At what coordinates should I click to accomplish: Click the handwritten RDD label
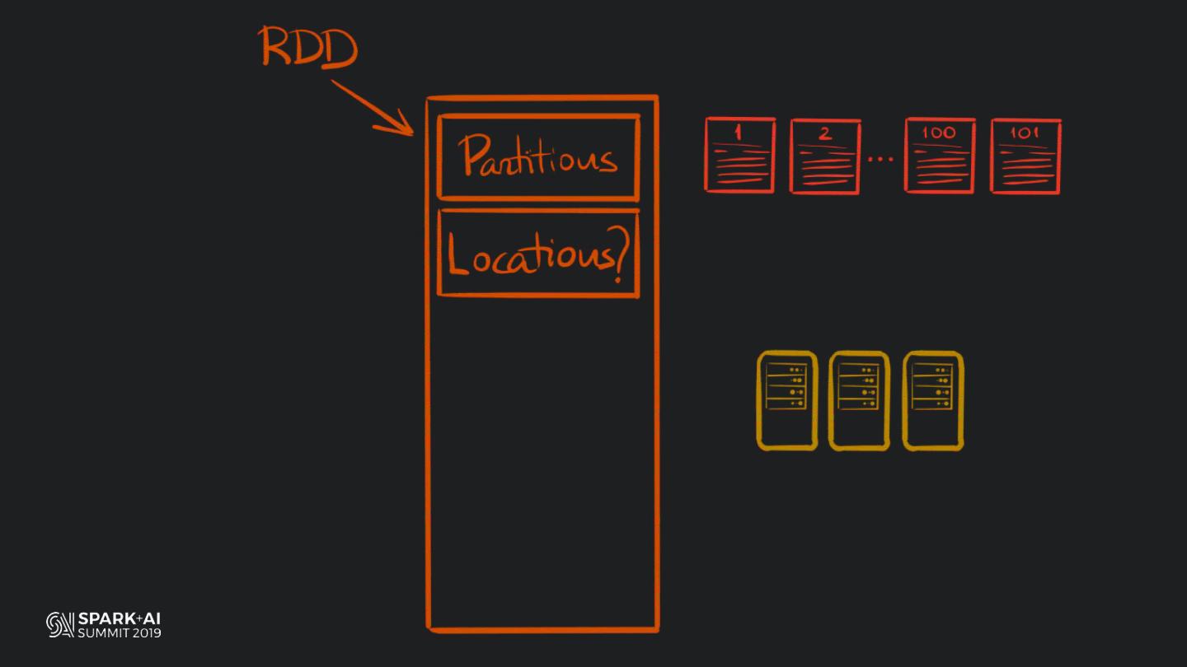tap(309, 48)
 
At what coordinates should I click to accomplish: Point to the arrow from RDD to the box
tap(373, 108)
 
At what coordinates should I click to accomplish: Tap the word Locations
tap(527, 255)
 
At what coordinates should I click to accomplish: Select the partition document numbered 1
tap(739, 156)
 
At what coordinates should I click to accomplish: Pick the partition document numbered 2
tap(825, 156)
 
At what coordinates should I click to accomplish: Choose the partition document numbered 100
tap(940, 156)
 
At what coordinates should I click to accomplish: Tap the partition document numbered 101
tap(1025, 156)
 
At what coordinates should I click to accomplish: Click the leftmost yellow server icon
tap(787, 401)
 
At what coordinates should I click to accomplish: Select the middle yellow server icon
tap(859, 401)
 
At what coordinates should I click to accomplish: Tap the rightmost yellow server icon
tap(932, 401)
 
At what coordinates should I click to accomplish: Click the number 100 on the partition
tap(939, 132)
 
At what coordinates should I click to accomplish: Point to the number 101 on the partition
tap(1025, 132)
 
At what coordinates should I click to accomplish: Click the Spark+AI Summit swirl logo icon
tap(60, 625)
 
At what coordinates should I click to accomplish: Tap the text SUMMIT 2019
tap(120, 633)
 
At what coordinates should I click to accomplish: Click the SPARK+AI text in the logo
tap(120, 618)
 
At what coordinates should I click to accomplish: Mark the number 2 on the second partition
tap(825, 133)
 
